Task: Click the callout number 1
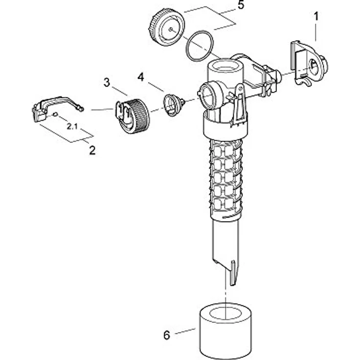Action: coord(316,16)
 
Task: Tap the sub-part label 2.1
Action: coord(72,126)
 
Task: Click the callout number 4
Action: coord(141,77)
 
